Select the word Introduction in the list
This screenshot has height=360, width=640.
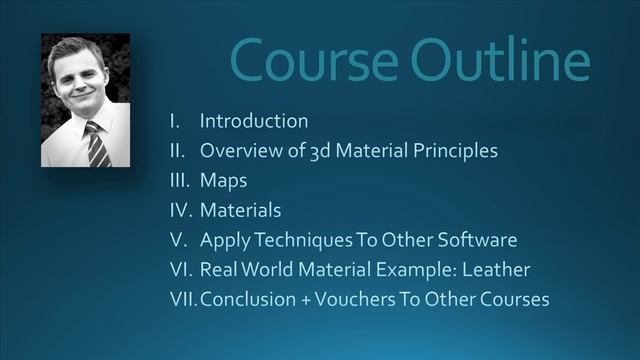(254, 121)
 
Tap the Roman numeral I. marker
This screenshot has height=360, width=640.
(174, 121)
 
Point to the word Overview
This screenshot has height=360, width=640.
(238, 151)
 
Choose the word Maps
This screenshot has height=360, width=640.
(223, 181)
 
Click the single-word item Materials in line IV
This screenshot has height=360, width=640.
(240, 210)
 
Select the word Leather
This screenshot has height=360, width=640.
(496, 270)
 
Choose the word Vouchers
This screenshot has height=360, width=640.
(353, 299)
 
